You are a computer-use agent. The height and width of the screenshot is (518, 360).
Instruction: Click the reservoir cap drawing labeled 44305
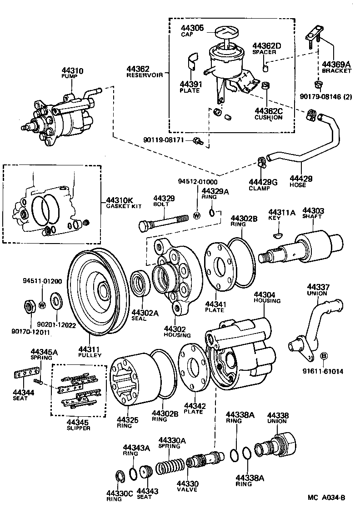coord(226,33)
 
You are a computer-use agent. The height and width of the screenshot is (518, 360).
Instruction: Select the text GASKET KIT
coord(122,206)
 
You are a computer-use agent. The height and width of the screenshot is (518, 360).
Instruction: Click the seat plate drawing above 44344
coord(23,374)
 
